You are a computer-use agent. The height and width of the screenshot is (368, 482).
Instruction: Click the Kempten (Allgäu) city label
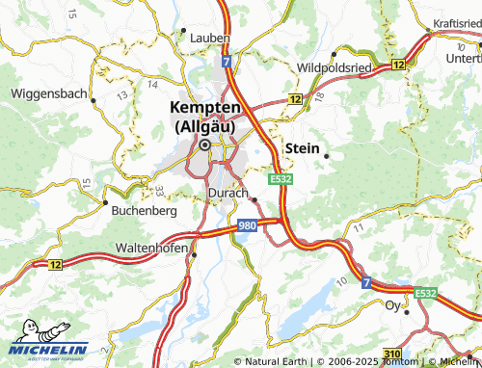tap(205, 118)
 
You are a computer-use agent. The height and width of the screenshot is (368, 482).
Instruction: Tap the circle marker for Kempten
tap(204, 145)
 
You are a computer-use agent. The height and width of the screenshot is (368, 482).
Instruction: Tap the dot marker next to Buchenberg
tap(105, 202)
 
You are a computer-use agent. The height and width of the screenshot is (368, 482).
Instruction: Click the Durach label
tap(228, 194)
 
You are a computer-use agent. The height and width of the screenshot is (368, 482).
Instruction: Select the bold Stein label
tap(302, 147)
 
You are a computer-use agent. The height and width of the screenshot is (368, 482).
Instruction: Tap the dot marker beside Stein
tap(327, 155)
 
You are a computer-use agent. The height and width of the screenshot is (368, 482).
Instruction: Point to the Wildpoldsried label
tap(335, 68)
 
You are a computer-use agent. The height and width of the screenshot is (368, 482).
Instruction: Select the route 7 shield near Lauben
tap(226, 61)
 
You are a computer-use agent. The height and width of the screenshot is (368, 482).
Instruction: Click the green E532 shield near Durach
tap(281, 179)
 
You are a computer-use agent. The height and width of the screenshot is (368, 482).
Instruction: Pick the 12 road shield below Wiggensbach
tap(55, 264)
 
